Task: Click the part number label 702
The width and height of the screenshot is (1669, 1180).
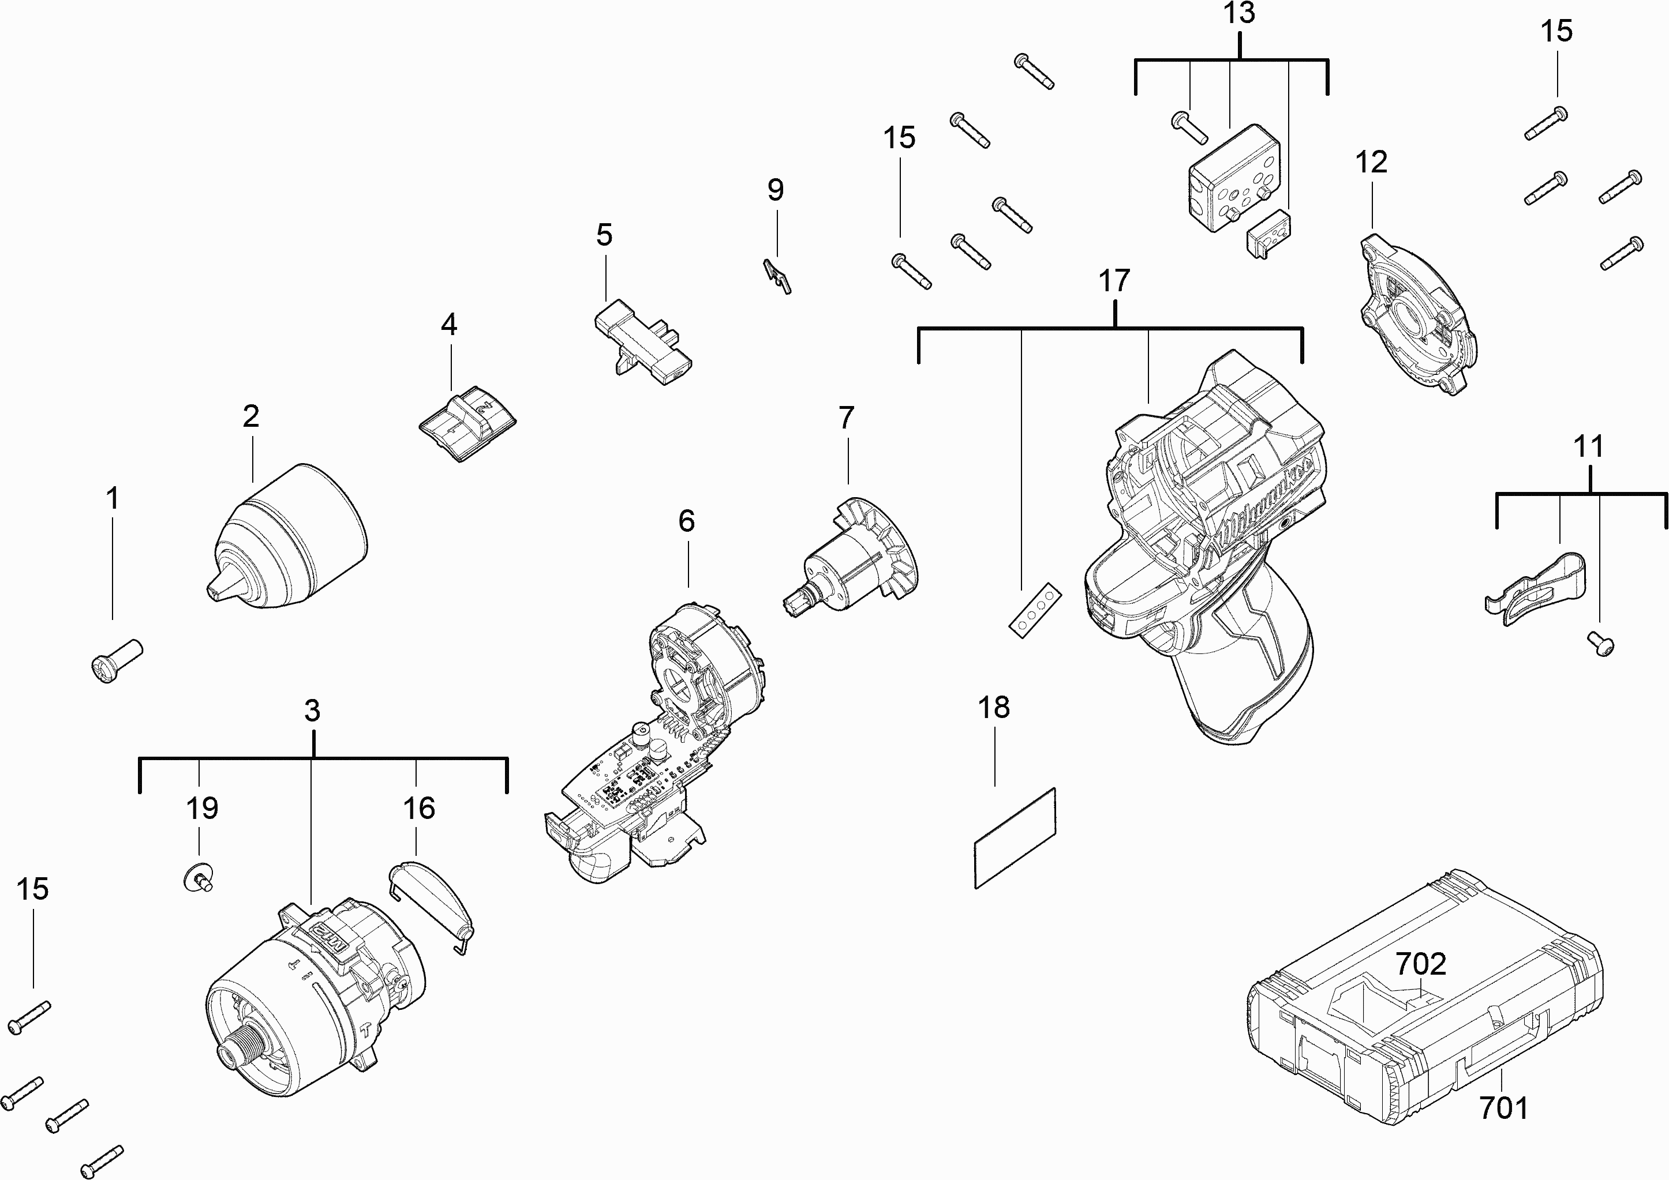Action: (1420, 964)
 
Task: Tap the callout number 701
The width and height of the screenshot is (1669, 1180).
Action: (1503, 1108)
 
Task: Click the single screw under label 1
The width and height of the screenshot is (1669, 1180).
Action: (117, 660)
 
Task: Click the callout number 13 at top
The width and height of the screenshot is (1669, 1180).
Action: (1238, 13)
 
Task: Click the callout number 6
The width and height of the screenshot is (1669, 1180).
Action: (686, 520)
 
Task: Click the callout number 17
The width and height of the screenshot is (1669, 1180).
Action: (1114, 280)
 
